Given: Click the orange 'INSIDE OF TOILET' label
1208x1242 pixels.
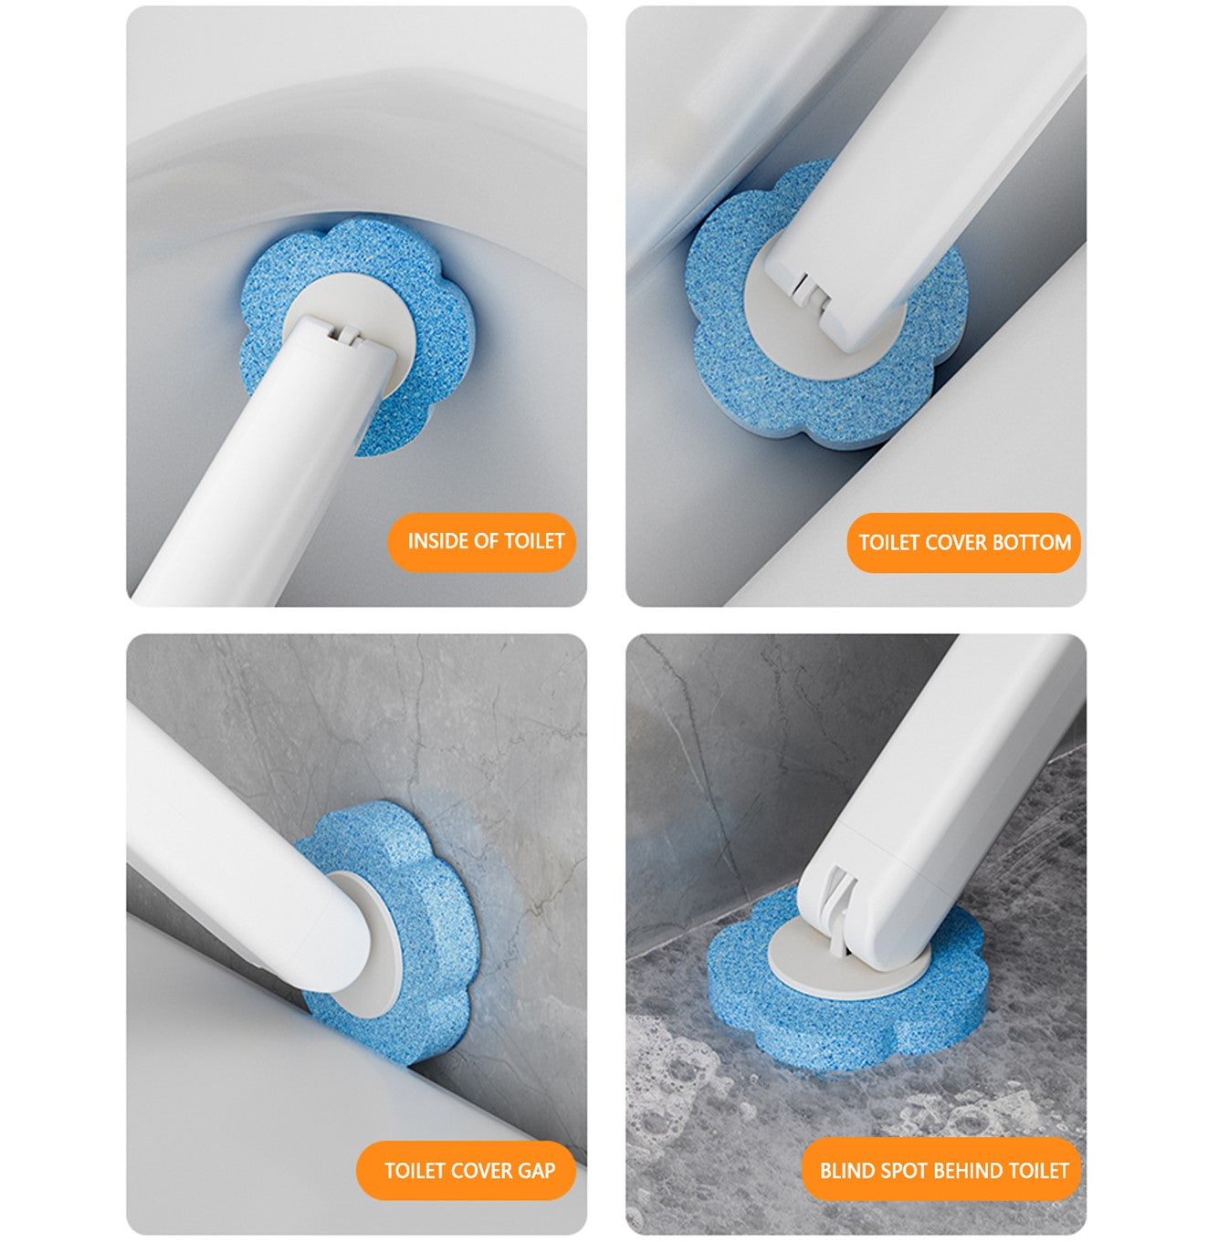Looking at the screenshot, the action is click(x=481, y=542).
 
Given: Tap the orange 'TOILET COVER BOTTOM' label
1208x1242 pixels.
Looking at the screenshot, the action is click(x=963, y=543).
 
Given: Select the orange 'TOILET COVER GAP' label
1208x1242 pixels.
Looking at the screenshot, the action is click(x=466, y=1153).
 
